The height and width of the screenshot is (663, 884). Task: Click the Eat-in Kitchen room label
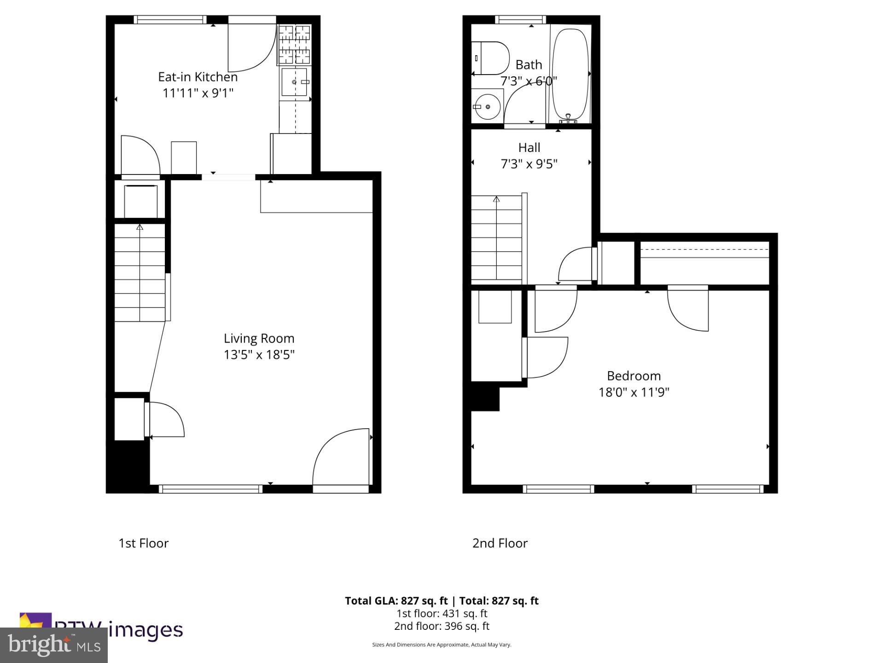click(x=198, y=77)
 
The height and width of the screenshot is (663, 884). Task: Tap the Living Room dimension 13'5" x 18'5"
click(x=259, y=355)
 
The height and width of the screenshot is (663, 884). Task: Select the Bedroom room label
click(x=634, y=376)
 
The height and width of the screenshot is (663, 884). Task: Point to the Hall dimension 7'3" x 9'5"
click(x=529, y=164)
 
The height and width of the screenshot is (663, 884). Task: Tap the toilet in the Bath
click(x=490, y=58)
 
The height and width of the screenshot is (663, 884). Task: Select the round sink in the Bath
click(x=488, y=107)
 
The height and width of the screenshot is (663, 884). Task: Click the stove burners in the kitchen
click(x=294, y=44)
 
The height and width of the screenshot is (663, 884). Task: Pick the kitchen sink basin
click(x=294, y=82)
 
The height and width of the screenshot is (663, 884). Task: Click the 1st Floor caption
click(x=144, y=543)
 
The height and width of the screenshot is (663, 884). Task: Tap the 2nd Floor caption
click(x=500, y=543)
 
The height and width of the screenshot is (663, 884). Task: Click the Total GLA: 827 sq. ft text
click(x=396, y=601)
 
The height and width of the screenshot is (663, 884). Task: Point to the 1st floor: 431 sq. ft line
click(x=442, y=614)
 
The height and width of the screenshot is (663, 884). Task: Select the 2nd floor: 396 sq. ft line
click(x=442, y=626)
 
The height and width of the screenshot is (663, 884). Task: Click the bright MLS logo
click(x=54, y=645)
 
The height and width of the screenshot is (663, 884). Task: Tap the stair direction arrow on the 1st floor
click(x=140, y=227)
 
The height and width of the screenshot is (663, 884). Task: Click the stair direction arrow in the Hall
click(x=496, y=199)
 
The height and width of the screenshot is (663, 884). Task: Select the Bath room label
click(x=529, y=65)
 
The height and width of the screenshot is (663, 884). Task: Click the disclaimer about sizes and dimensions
click(x=442, y=645)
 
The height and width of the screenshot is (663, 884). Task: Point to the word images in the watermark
click(x=146, y=630)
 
